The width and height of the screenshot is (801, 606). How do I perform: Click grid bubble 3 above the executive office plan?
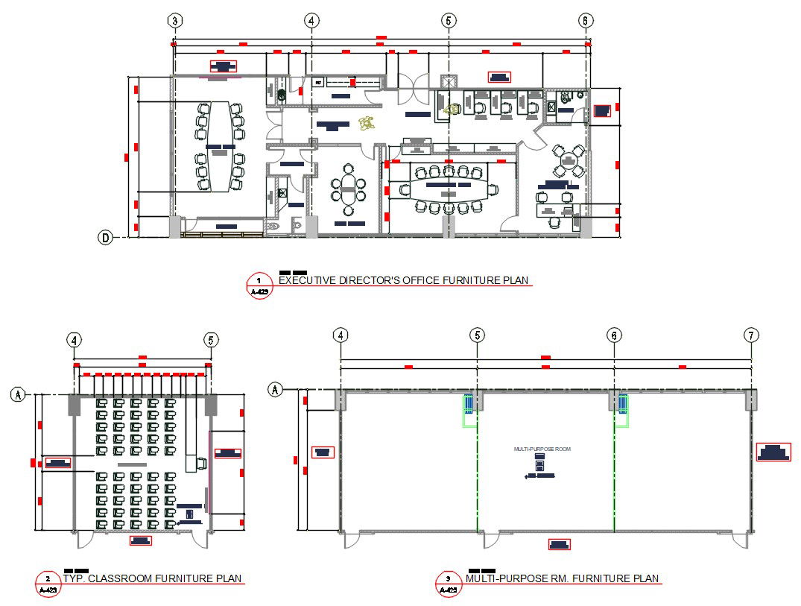174,21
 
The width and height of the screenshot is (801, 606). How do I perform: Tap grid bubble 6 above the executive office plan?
586,21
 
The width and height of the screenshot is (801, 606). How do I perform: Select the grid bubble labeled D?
106,238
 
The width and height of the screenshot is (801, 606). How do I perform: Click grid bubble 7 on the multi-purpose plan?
751,335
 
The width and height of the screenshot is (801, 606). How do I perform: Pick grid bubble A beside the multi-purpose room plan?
276,389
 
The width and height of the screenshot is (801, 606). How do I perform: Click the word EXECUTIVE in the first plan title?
306,281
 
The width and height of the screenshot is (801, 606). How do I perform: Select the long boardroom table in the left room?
220,146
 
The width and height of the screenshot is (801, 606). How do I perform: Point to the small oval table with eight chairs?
349,192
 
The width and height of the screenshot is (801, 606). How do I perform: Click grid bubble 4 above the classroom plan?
74,340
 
